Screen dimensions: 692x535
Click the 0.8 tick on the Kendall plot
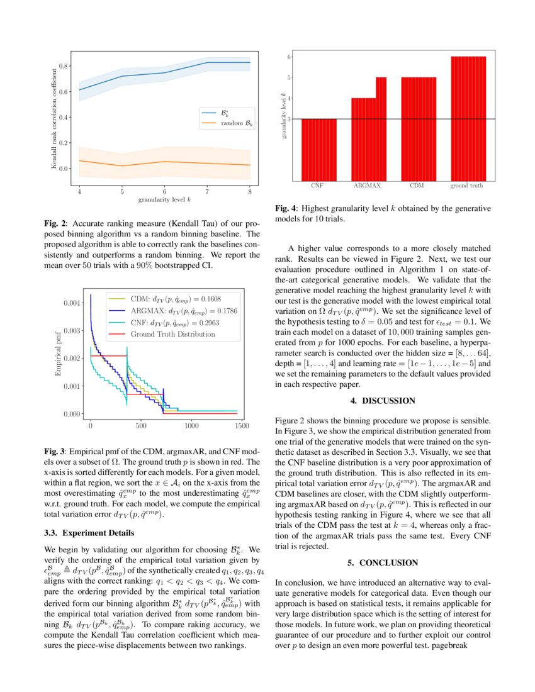tap(63, 65)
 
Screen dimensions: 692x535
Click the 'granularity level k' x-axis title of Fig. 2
tap(164, 199)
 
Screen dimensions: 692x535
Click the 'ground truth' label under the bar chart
tap(467, 186)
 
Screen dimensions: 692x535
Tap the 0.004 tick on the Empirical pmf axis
tap(72, 303)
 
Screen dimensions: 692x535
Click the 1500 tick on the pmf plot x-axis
tap(240, 426)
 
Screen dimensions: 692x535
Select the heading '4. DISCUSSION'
tap(383, 400)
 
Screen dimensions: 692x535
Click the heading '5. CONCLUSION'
tap(383, 562)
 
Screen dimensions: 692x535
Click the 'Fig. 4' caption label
tap(285, 208)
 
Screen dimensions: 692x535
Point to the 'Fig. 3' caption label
tap(53, 452)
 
